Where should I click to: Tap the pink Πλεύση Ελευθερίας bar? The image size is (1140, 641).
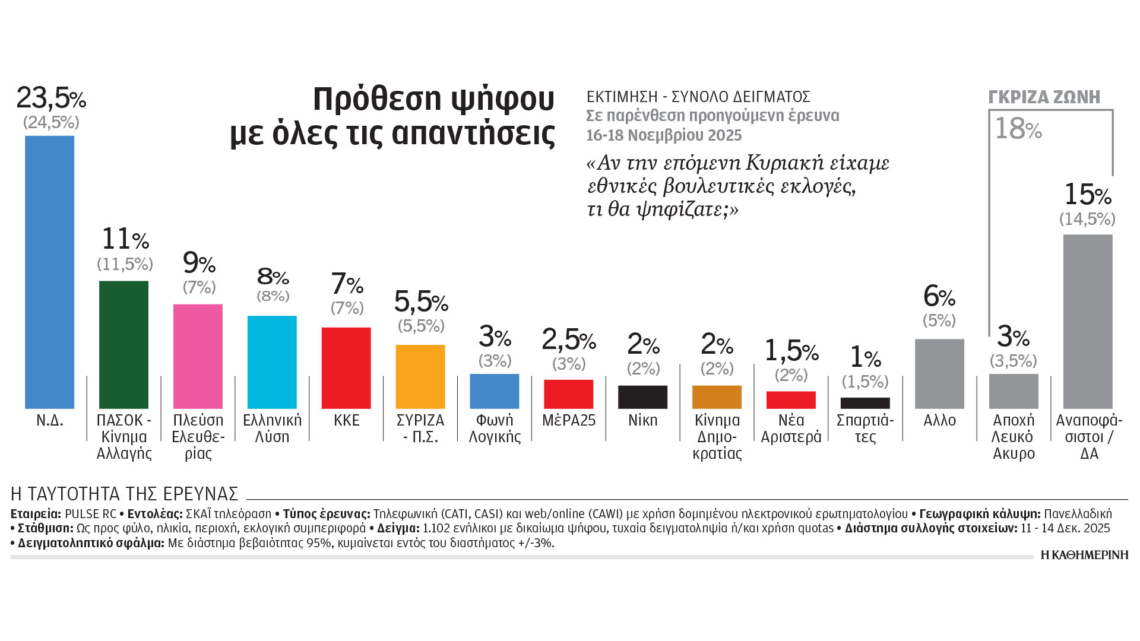(x=198, y=356)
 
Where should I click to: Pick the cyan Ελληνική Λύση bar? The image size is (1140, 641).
(x=272, y=362)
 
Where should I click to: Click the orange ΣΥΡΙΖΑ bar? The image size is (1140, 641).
(x=420, y=376)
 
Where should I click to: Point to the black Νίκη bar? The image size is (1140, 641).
(x=642, y=397)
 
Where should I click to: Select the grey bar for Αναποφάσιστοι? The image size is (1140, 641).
(x=1088, y=321)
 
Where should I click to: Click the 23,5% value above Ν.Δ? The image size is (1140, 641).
(x=51, y=98)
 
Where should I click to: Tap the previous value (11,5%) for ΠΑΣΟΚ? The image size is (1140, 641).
(x=125, y=264)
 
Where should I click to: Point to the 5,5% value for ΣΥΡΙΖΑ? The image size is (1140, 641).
(x=421, y=302)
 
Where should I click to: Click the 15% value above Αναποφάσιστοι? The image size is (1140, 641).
(x=1087, y=194)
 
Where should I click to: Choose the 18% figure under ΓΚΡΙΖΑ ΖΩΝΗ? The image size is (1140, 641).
(x=1018, y=129)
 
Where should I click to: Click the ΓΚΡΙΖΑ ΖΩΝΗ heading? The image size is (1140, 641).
(x=1044, y=97)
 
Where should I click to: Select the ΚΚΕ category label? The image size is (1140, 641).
(x=347, y=420)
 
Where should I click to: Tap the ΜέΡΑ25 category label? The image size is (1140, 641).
(x=569, y=420)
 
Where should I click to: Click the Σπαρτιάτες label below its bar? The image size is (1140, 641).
(x=865, y=429)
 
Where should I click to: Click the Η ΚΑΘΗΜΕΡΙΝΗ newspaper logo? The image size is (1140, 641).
(x=1084, y=555)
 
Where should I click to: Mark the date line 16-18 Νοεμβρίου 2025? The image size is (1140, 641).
(x=664, y=135)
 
